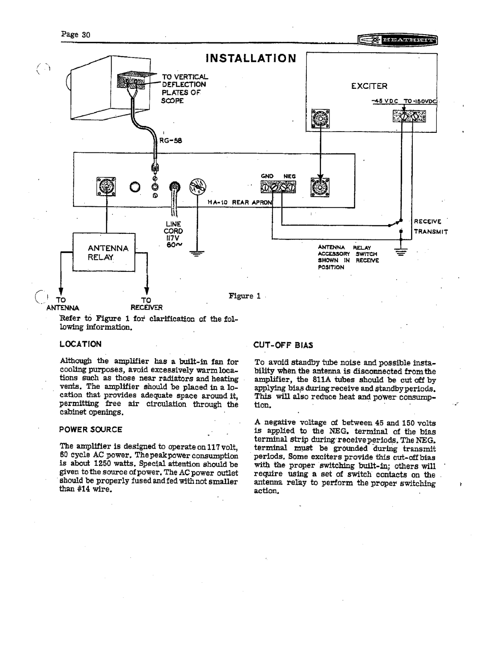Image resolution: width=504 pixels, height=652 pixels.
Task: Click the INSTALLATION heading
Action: pos(251,58)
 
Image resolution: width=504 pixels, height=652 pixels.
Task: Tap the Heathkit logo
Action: pos(398,40)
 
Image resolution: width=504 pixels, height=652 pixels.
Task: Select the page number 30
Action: pos(86,35)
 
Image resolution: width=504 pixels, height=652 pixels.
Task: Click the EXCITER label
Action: pos(369,86)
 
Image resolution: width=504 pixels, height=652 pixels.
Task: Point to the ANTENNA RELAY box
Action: pos(104,252)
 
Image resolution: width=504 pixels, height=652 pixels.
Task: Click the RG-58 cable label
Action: pos(170,141)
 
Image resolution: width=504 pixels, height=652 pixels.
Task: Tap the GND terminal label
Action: pos(267,176)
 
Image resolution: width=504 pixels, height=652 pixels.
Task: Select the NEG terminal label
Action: pos(290,176)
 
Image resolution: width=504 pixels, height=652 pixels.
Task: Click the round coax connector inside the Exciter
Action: pos(320,119)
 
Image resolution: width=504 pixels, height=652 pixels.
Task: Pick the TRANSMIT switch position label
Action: pos(431,231)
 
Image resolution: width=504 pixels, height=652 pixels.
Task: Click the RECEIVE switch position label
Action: pos(427,221)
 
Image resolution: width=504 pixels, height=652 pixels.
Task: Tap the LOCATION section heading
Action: pos(80,344)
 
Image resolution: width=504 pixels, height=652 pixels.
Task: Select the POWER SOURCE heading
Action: pos(90,430)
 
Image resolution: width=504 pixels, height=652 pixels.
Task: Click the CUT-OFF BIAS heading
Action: pos(283,345)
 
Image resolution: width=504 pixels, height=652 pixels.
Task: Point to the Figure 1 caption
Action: pos(244,296)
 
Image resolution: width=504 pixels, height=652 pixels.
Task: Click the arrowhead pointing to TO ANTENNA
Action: pos(61,291)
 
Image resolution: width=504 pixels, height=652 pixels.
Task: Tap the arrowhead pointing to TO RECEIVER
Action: pos(147,291)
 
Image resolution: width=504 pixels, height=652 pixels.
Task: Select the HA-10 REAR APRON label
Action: pos(240,202)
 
